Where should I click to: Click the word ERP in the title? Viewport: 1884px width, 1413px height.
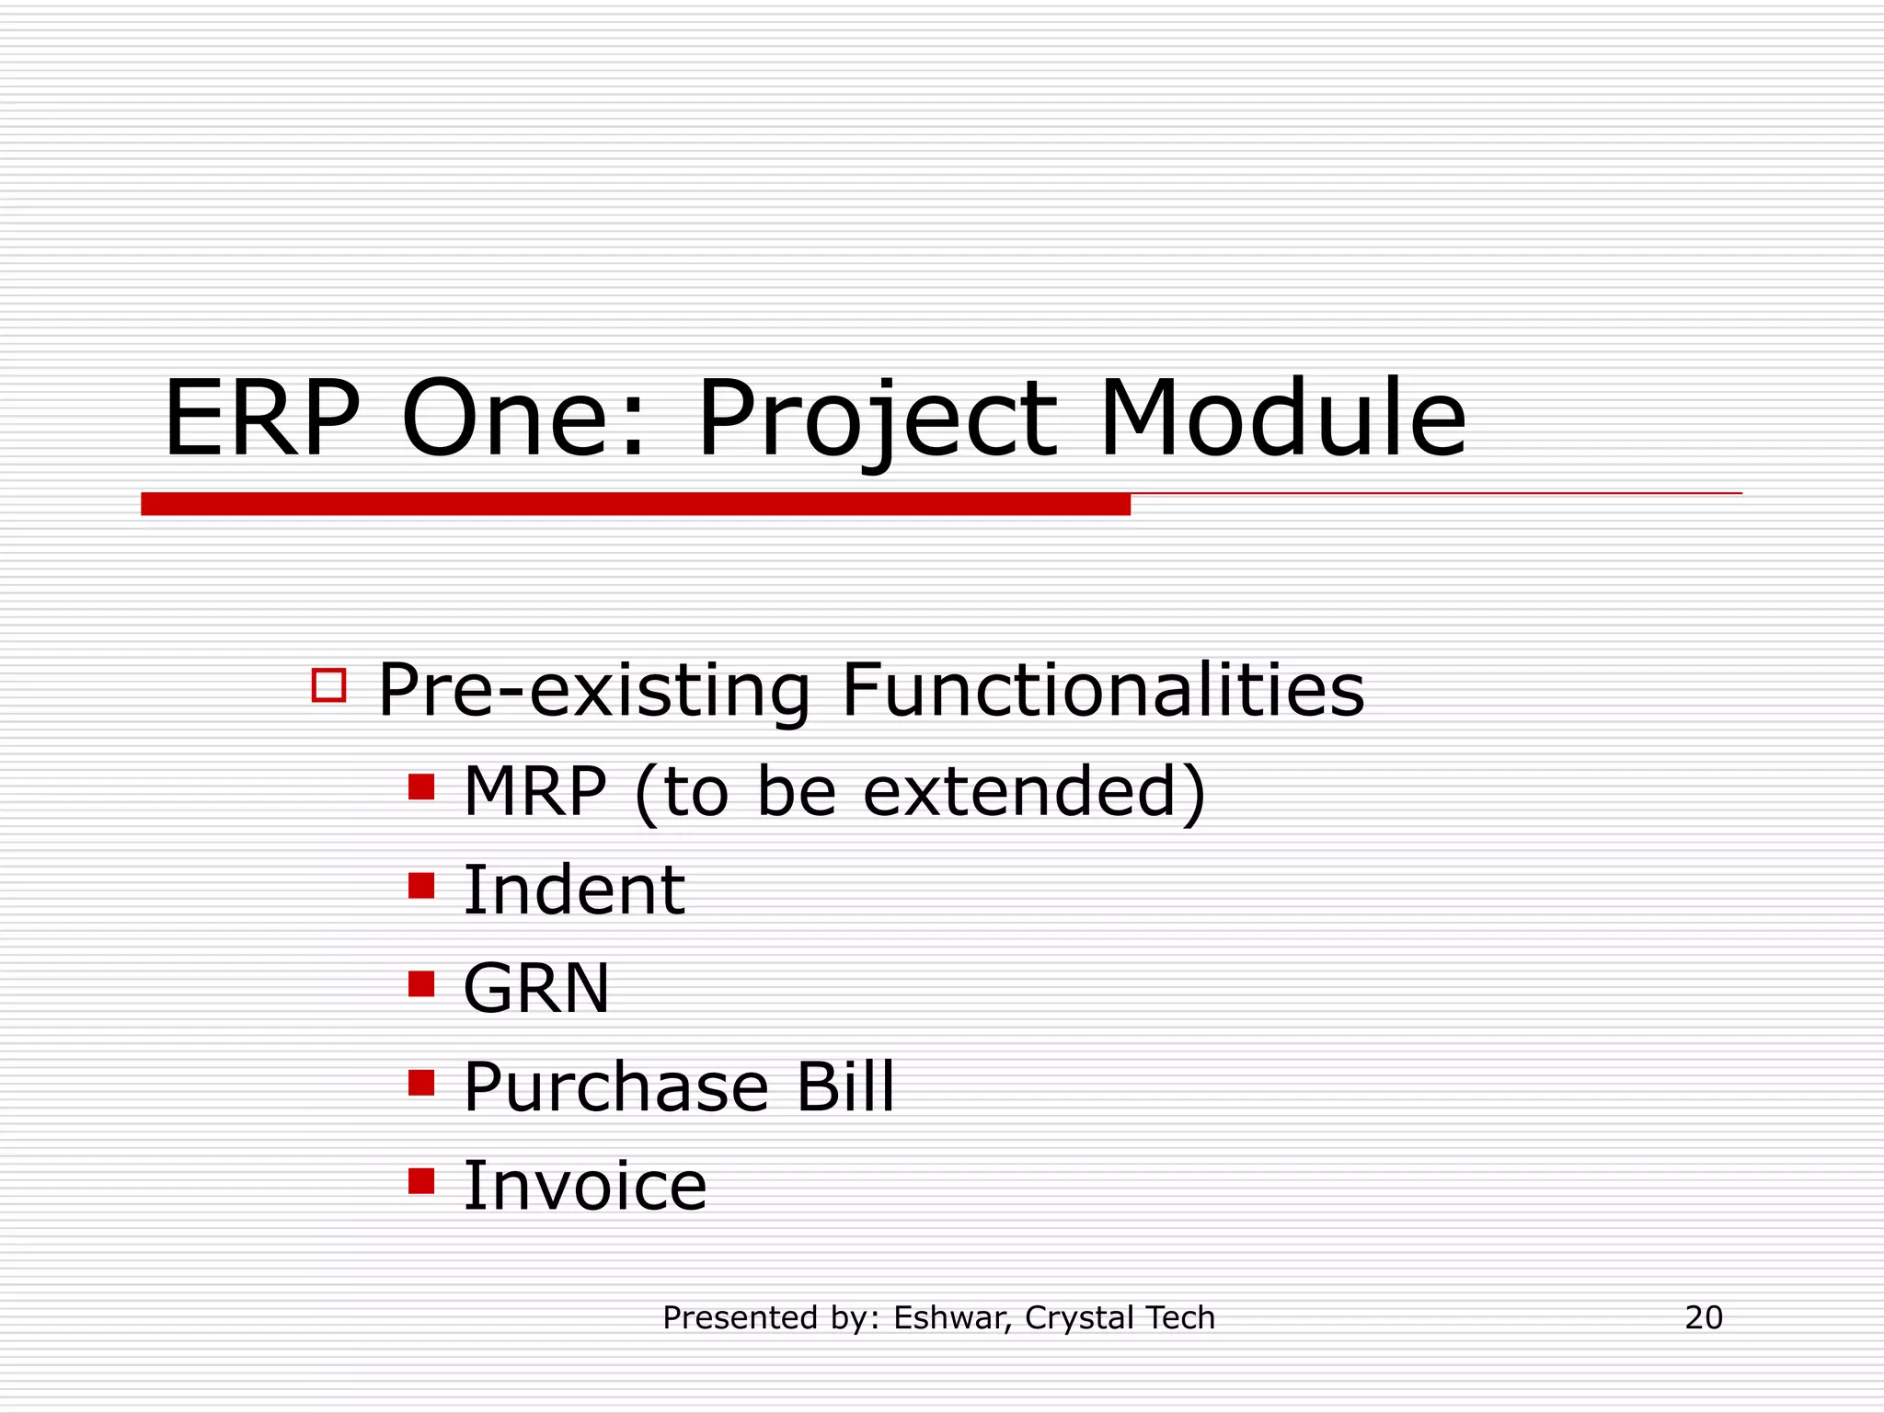coord(261,419)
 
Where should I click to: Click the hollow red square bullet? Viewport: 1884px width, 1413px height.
coord(328,685)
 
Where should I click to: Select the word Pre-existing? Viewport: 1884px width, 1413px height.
coord(594,690)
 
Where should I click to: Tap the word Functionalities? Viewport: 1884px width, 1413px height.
coord(1102,690)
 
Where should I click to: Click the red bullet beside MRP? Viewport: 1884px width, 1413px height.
coord(421,787)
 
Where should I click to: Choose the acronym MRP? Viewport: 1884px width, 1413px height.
coord(534,791)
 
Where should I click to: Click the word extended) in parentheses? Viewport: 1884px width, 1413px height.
coord(1034,791)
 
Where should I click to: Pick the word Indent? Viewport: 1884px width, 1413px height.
coord(574,890)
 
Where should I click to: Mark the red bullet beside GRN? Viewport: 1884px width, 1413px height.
coord(421,984)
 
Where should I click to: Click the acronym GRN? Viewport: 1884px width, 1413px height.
coord(536,989)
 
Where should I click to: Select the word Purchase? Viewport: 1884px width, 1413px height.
coord(615,1087)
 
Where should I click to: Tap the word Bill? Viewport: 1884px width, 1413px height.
coord(844,1087)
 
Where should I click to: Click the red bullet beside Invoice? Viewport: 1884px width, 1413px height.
coord(421,1180)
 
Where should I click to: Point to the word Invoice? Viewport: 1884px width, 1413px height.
coord(585,1186)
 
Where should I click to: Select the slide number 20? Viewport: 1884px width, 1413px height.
coord(1704,1318)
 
